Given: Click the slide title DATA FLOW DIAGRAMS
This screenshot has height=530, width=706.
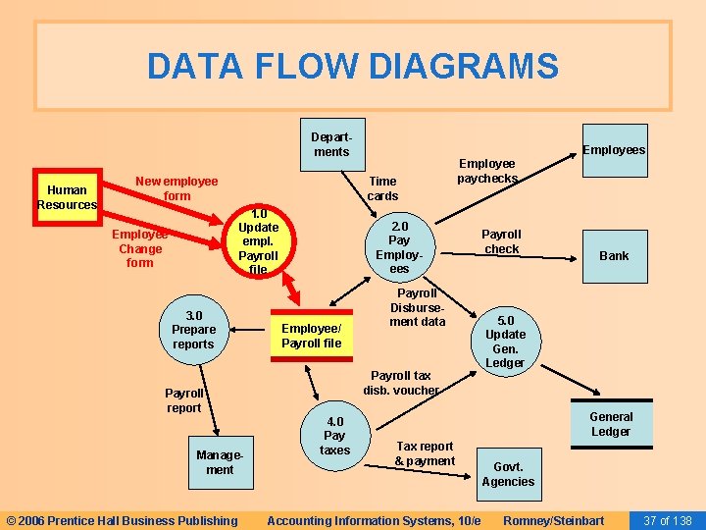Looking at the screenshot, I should [353, 67].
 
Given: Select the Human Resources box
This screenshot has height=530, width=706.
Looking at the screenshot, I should [67, 197].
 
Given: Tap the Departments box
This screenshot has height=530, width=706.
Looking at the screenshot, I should [330, 144].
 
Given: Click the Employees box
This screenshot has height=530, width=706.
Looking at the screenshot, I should [614, 149].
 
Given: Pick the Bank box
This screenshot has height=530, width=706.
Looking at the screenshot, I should [614, 255].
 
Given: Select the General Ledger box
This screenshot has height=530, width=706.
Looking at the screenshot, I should [611, 424].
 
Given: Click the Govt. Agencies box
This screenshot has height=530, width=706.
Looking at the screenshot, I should [508, 474].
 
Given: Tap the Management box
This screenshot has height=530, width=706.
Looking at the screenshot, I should [220, 462].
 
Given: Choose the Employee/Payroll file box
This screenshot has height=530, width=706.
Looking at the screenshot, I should [312, 336].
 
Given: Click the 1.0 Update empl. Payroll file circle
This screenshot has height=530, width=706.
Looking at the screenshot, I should [258, 241].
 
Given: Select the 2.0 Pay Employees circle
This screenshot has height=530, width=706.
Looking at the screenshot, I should [399, 246].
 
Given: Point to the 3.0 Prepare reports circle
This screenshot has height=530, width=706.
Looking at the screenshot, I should [193, 330].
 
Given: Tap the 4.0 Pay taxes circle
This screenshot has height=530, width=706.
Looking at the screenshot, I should [334, 436].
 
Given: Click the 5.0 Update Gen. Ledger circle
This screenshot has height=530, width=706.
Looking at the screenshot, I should [505, 342].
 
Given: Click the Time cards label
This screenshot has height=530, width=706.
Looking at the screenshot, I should [382, 188].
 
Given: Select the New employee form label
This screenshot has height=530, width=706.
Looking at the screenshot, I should [176, 188].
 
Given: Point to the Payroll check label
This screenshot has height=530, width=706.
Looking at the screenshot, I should [501, 241].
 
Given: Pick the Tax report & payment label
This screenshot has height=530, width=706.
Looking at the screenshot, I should [425, 453].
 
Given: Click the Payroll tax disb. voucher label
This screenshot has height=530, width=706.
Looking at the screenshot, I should [401, 382].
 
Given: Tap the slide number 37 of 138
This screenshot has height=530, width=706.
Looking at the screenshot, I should [667, 519].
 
